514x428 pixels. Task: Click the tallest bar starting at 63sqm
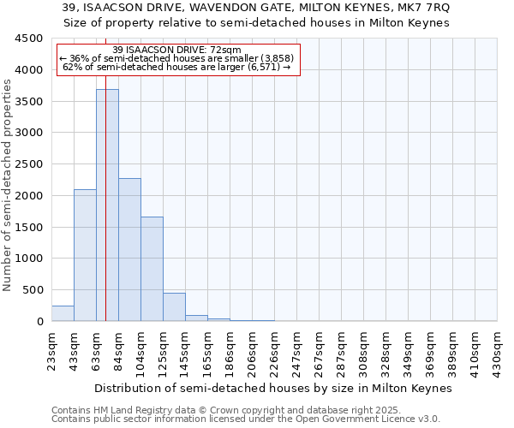tap(107, 205)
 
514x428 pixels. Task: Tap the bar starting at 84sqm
tap(129, 250)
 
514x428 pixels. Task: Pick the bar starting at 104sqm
tap(152, 269)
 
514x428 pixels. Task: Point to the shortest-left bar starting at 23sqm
tap(63, 313)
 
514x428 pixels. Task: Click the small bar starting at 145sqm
tap(196, 318)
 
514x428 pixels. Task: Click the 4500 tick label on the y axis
tap(29, 39)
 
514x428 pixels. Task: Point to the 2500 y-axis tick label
tap(29, 164)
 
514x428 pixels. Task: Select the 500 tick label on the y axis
tap(33, 290)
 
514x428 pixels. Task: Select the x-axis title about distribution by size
tap(272, 388)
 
